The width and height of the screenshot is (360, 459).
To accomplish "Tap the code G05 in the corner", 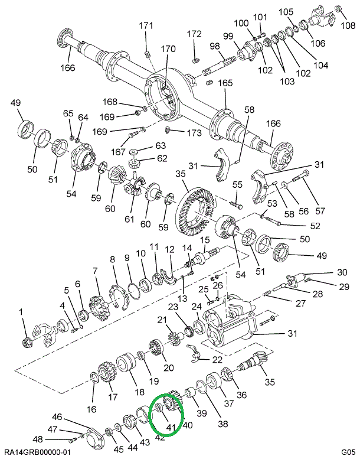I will pos(347,452).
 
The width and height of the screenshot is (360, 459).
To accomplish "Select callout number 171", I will pos(146,25).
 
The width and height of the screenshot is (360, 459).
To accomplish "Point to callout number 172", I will pos(194,34).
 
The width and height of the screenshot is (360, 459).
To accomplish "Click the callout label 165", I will pos(225,83).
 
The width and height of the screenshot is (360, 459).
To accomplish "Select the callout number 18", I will pos(139,392).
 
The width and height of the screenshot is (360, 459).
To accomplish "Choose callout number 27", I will pos(300,304).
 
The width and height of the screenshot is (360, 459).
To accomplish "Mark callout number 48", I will pos(38,439).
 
